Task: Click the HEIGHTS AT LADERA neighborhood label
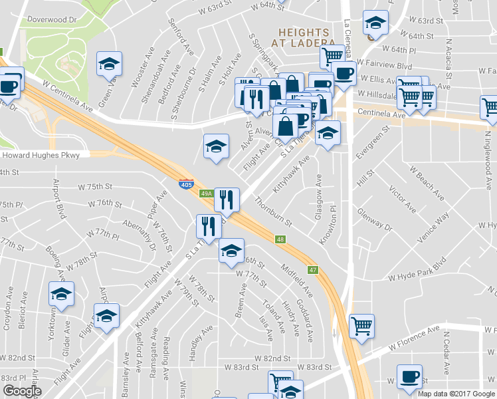pos(304,37)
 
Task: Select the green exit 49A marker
pos(206,194)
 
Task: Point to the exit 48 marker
pos(281,239)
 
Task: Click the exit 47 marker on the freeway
pos(314,270)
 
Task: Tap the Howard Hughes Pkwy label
pos(41,156)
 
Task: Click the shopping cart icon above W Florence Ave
pos(362,326)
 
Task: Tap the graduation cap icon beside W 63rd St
pos(375,23)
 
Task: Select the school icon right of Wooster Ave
pos(110,65)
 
